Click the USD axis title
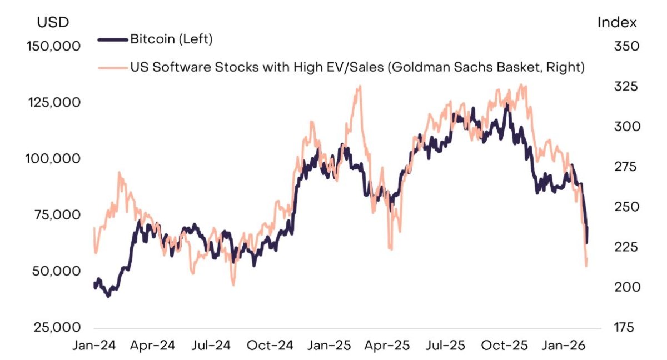click(x=53, y=22)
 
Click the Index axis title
click(x=617, y=22)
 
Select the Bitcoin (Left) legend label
click(x=172, y=39)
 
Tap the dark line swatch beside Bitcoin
click(x=113, y=39)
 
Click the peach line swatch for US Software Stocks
click(x=113, y=68)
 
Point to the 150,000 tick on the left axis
click(x=53, y=47)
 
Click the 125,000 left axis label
click(x=54, y=103)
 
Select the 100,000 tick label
click(x=53, y=158)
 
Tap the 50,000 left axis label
click(x=56, y=271)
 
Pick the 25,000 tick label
click(x=57, y=327)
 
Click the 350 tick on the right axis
click(x=626, y=47)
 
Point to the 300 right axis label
click(x=627, y=127)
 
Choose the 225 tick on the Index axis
click(x=626, y=247)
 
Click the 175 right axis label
click(x=624, y=327)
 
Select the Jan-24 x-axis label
click(x=94, y=346)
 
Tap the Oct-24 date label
click(x=270, y=346)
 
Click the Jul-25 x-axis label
click(x=445, y=346)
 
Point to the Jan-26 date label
click(x=564, y=346)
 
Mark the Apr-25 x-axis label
click(x=387, y=346)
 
